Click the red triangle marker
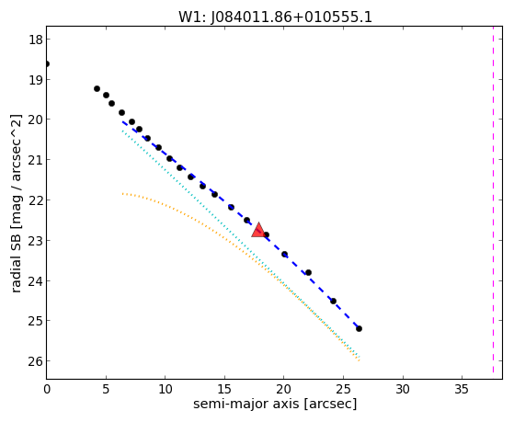tap(258, 230)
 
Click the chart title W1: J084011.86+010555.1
tap(275, 17)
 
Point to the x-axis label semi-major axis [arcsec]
tap(275, 404)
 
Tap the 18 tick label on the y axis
tap(36, 40)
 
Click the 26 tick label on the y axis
tap(36, 361)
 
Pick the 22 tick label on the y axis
tap(36, 200)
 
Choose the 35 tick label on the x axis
tap(463, 390)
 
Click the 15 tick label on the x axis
tap(225, 390)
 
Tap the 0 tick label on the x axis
tap(47, 390)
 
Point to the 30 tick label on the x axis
tap(403, 390)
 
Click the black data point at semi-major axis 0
tap(47, 63)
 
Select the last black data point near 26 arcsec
tap(359, 328)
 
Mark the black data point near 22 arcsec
tap(308, 272)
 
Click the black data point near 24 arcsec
tap(333, 301)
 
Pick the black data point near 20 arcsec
tap(284, 254)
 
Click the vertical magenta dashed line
tap(493, 200)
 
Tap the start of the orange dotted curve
tap(122, 194)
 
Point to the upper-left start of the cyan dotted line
tap(122, 131)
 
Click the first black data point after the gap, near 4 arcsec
tap(97, 88)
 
